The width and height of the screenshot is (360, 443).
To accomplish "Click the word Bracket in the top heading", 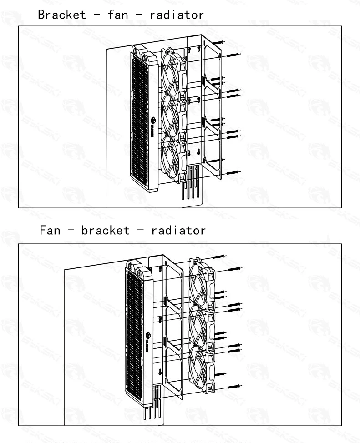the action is [x=62, y=14].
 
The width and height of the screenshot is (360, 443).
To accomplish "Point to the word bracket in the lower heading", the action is [x=106, y=230].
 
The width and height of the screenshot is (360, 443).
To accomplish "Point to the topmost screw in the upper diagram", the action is [x=218, y=42].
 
